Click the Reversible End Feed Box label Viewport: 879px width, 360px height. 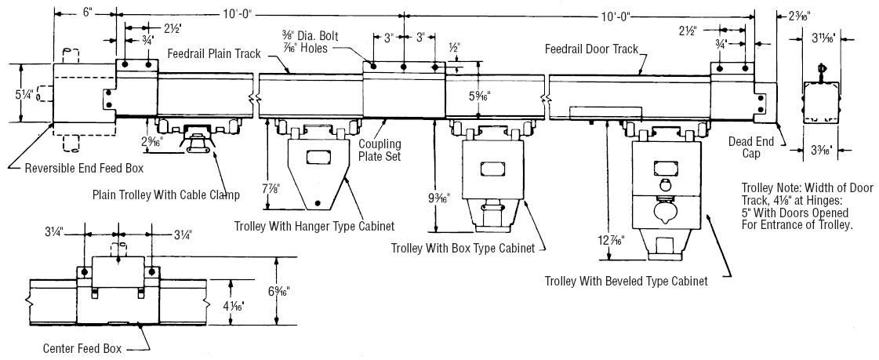(x=84, y=167)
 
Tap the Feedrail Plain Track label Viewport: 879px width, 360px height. (x=214, y=54)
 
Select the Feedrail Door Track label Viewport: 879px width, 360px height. (x=591, y=49)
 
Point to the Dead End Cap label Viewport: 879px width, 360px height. (x=751, y=147)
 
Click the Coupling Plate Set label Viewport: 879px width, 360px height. (x=380, y=151)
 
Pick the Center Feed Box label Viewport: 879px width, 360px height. (x=82, y=349)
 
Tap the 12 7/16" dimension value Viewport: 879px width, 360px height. (x=611, y=241)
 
